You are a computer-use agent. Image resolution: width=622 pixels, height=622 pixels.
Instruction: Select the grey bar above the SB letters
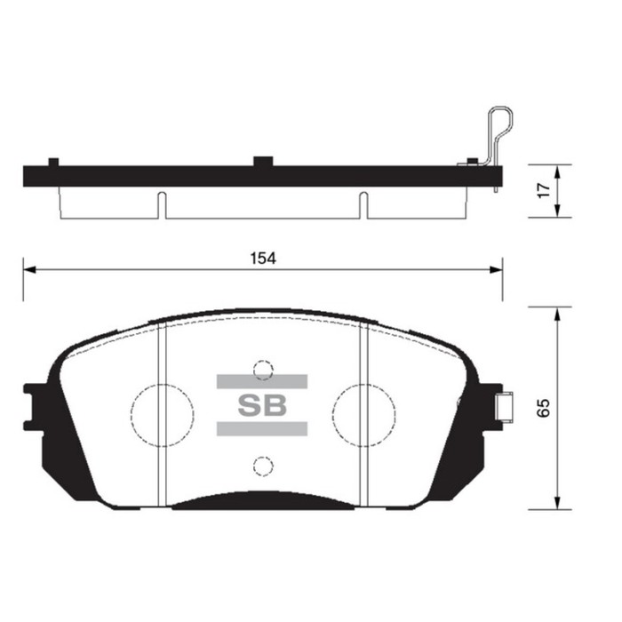click(261, 381)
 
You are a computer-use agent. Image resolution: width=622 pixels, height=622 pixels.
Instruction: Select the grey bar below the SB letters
click(261, 429)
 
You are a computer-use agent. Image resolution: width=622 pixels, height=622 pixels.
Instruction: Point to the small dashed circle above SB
click(261, 368)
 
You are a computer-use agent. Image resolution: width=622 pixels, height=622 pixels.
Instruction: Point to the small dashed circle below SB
click(261, 465)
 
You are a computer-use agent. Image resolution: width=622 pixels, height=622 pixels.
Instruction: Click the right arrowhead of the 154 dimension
click(497, 268)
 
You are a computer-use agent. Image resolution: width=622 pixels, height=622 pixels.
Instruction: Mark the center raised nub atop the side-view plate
click(262, 161)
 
